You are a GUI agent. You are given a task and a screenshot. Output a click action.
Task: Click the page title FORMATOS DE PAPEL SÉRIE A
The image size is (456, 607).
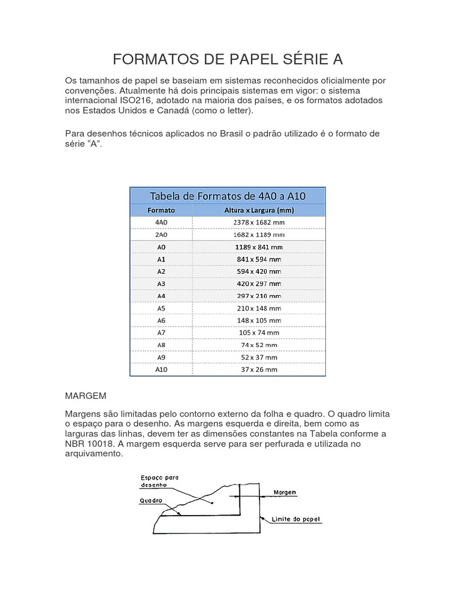point(228,59)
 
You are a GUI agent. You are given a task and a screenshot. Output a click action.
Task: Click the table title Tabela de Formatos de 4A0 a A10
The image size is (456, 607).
point(227,196)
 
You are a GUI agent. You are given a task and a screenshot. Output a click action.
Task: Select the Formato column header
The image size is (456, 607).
point(161,210)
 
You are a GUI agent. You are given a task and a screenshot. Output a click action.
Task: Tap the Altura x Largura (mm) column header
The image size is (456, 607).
point(258,210)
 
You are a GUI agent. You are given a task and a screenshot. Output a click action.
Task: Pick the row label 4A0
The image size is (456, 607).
point(161,222)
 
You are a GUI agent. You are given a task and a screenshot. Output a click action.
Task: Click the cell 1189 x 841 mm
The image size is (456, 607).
point(258,247)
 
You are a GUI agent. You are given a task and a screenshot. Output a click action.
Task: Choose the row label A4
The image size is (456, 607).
point(161,296)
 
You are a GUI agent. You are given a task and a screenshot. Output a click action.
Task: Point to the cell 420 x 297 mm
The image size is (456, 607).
point(258,283)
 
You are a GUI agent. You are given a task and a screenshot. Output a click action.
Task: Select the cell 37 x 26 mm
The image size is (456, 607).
point(258,369)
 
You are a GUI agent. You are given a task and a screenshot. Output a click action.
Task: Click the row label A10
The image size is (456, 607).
point(161,369)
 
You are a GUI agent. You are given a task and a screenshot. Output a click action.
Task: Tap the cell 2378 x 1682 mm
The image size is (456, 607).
point(258,222)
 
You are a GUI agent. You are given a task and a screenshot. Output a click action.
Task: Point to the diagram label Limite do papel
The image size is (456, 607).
point(296,519)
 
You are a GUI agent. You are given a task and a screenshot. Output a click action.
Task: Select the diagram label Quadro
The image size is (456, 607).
point(151,500)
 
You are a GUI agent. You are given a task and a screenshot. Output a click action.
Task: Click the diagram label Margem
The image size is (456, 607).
point(285,492)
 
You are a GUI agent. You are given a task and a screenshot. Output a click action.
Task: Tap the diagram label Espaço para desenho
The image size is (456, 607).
point(159,480)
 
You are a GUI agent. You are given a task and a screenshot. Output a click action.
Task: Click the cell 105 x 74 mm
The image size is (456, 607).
point(258,333)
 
